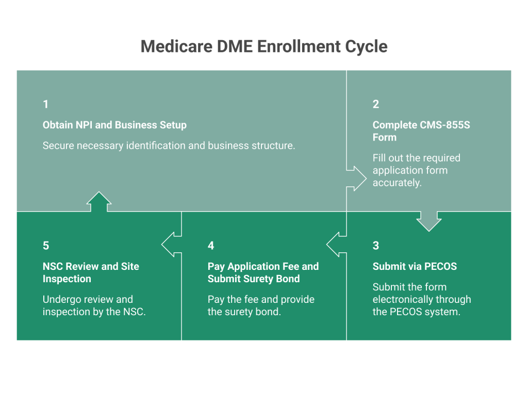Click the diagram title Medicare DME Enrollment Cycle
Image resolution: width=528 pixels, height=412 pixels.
tap(263, 47)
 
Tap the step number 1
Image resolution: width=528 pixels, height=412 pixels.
tap(45, 105)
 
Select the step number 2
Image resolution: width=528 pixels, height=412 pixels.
tap(375, 105)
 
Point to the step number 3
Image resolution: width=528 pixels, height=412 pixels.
tap(375, 246)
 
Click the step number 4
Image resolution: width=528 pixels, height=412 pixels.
tap(210, 246)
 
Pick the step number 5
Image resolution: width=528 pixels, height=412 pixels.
tap(45, 246)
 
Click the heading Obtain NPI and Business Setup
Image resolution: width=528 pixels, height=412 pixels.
tap(114, 125)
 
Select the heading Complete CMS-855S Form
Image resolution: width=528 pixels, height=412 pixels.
tap(421, 131)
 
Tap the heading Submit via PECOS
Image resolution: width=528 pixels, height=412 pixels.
tap(415, 266)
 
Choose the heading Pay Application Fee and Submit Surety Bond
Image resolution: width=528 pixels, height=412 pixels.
tap(263, 272)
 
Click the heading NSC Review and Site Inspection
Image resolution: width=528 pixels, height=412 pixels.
tap(91, 272)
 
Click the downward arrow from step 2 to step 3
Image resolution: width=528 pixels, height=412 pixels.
tap(429, 220)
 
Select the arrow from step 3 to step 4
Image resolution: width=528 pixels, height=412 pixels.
tap(336, 244)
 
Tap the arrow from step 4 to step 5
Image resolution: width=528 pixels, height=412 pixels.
tap(171, 244)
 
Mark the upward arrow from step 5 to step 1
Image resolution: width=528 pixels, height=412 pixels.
tap(99, 202)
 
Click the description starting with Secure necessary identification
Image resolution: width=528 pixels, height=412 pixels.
tap(169, 146)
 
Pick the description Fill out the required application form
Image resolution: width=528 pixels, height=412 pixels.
tap(417, 170)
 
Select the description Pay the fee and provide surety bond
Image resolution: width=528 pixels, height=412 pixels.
tap(260, 305)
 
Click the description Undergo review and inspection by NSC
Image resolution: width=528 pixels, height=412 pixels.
tap(94, 305)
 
